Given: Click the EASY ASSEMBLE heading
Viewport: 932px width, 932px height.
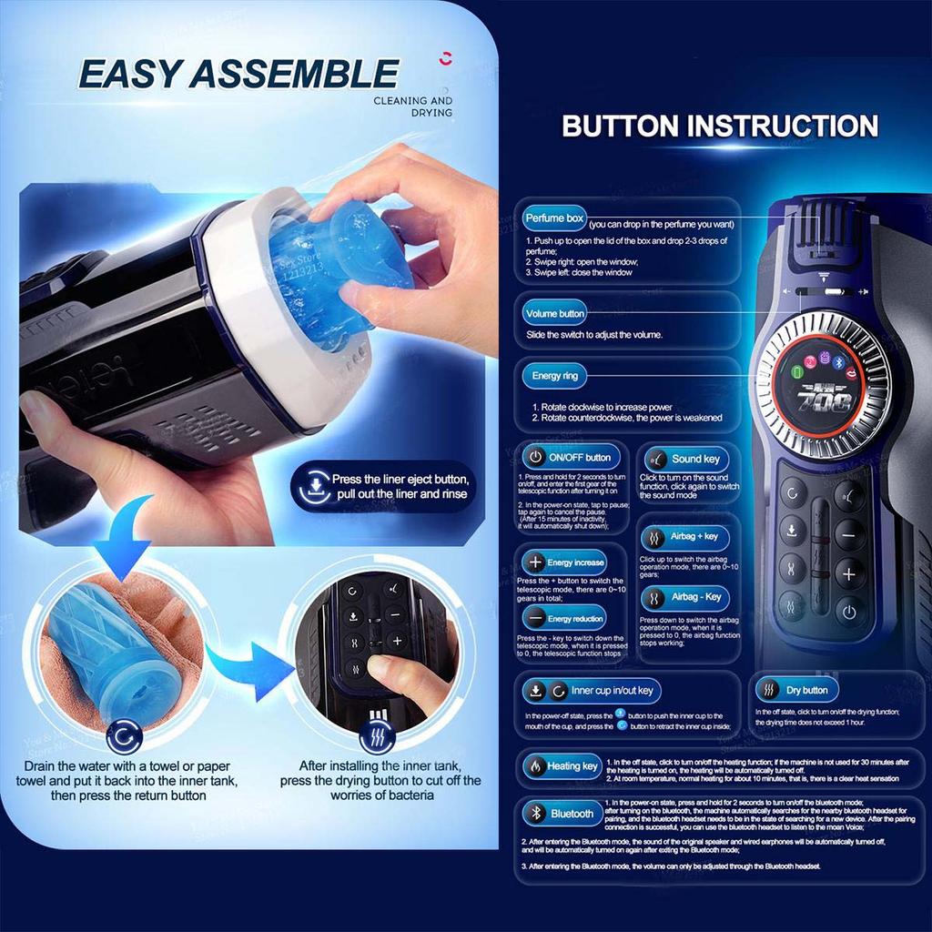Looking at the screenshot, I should point(238,73).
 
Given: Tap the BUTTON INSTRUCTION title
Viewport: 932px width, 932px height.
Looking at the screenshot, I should point(719,126).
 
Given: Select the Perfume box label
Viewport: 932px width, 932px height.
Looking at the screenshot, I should point(553,219).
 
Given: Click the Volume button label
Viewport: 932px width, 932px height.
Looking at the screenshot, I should point(554,314).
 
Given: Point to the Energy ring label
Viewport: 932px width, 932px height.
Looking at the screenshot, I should point(553,375).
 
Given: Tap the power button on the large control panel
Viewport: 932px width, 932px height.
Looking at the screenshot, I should point(849,611).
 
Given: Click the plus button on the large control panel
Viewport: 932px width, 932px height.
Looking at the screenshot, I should point(849,573).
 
